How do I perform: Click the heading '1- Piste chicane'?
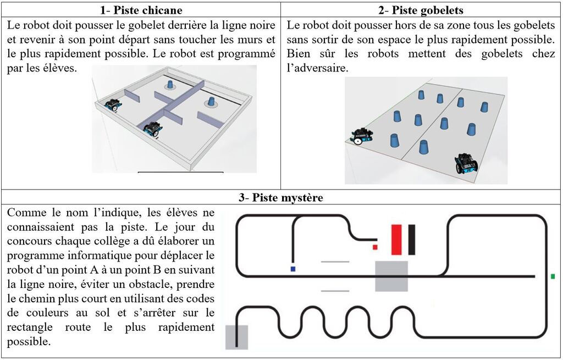tap(141, 10)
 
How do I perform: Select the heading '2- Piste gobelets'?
tap(421, 10)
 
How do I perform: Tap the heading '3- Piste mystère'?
tap(281, 198)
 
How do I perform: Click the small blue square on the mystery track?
tap(293, 269)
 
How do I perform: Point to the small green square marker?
tap(553, 276)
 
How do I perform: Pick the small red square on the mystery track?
tap(375, 247)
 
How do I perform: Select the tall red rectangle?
tap(396, 240)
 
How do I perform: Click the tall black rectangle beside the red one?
tap(411, 240)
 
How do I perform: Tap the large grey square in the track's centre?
tap(391, 276)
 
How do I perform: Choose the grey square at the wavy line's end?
tap(236, 337)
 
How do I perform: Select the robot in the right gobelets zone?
tap(466, 164)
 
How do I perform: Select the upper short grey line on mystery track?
tap(335, 262)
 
